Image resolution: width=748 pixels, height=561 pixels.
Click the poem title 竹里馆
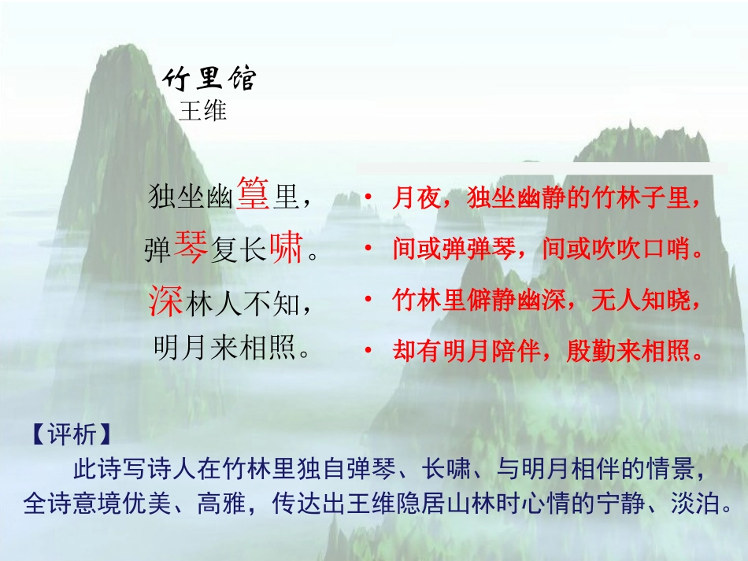209,79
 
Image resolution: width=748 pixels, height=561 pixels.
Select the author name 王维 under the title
203,111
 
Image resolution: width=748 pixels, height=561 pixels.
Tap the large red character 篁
254,194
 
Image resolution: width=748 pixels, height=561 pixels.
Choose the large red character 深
166,300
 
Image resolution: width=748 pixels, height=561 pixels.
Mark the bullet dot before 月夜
368,198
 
